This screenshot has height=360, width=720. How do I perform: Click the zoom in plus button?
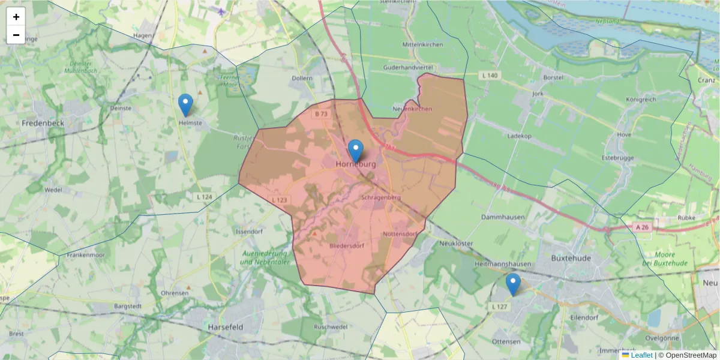(16, 17)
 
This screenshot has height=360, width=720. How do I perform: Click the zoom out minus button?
(16, 35)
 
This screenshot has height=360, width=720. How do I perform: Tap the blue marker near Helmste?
(186, 104)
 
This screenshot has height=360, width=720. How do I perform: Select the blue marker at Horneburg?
(356, 150)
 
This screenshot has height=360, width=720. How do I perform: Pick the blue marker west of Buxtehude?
(513, 284)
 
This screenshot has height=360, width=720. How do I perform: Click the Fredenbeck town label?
(43, 123)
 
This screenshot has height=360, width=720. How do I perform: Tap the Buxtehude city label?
(571, 258)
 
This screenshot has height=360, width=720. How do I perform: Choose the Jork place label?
(537, 94)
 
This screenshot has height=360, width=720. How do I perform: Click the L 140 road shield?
(490, 75)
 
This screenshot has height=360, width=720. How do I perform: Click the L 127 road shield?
(499, 307)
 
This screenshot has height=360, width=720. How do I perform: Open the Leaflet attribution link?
(641, 355)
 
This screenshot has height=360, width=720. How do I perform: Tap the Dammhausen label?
(503, 217)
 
